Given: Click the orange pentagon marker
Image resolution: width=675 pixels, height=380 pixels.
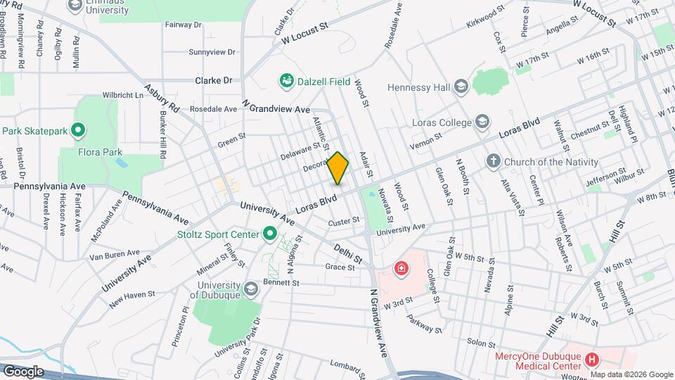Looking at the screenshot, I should (x=338, y=168).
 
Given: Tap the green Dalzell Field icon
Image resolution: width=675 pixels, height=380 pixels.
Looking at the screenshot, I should (x=286, y=82).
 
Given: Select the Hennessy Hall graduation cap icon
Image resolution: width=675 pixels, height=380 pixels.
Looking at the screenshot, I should (x=461, y=87).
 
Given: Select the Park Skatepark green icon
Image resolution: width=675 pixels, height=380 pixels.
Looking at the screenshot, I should (x=79, y=130).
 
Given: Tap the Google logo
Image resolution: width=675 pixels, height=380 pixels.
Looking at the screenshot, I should (x=22, y=372).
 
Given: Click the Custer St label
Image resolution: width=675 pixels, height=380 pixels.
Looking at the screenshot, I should (x=344, y=220).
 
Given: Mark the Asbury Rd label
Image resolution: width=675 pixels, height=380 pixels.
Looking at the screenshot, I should (x=162, y=101).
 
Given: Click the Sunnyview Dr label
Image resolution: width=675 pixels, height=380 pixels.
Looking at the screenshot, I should (x=212, y=52).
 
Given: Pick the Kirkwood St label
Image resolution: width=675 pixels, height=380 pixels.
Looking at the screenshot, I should (x=485, y=18).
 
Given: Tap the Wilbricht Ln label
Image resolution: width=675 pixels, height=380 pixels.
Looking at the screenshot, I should (x=122, y=94).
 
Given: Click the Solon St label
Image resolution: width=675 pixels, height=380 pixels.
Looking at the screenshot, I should (x=482, y=343).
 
